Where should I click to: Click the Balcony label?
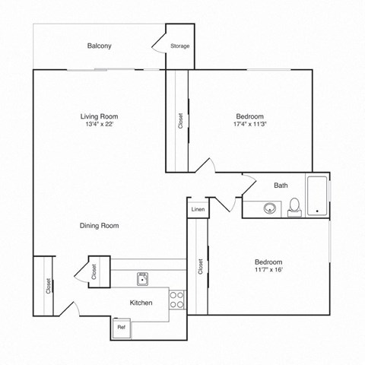pos(99,46)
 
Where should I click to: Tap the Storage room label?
pos(179,46)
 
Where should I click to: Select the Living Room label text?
pos(99,116)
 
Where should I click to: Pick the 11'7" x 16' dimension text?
pos(268,270)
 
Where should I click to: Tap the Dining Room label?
pos(100,225)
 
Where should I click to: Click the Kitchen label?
pos(141,303)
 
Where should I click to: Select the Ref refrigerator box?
pos(120,327)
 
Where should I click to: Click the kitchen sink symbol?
pos(141,279)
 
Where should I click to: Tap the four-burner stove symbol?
pos(176,299)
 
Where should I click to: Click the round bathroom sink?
pos(268,208)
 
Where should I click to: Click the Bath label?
pos(281,185)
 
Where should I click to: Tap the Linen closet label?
pos(198,208)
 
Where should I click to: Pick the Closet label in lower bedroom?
pos(200,266)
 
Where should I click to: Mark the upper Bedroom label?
pos(249,116)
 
